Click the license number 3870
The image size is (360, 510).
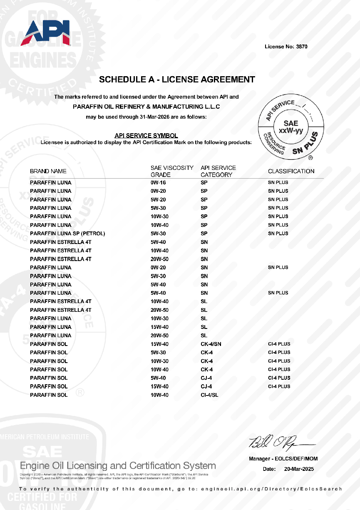coord(302,47)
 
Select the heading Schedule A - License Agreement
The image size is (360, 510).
coord(177,79)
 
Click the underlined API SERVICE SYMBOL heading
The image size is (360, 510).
coord(146,135)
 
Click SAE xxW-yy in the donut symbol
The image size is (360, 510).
coord(290,127)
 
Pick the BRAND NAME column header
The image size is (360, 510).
coord(48,171)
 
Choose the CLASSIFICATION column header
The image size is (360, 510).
coord(291,171)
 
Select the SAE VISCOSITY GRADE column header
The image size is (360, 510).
coord(172,171)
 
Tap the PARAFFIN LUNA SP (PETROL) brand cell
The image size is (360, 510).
coord(67,234)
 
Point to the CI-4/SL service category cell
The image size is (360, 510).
coord(209,395)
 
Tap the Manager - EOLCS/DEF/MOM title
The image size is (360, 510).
coord(283,459)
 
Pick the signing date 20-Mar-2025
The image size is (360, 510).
coord(299,469)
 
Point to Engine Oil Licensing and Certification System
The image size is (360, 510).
coord(118,465)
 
